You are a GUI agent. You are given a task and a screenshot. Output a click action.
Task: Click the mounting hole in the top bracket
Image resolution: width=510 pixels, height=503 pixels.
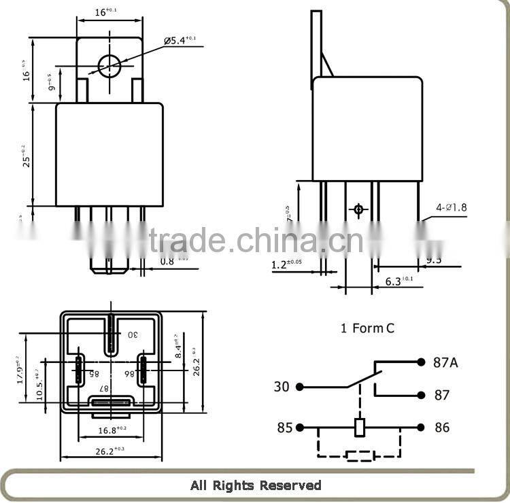(x=109, y=66)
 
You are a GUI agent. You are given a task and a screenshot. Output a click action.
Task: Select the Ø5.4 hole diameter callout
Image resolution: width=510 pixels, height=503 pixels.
(x=180, y=41)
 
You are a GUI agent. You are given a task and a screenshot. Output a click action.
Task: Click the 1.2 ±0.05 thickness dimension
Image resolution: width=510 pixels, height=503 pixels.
(x=286, y=263)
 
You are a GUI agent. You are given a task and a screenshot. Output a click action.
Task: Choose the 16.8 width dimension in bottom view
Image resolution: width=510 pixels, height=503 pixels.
(x=112, y=430)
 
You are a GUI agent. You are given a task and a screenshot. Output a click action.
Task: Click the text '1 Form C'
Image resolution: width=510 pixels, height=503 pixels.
(x=367, y=328)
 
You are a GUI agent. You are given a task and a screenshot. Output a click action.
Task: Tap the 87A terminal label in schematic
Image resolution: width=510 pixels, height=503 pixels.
(x=445, y=362)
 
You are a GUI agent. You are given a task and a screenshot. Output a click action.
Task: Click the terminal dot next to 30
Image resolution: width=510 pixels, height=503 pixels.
(x=299, y=387)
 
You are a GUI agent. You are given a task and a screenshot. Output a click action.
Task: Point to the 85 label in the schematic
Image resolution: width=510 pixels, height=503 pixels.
(x=284, y=428)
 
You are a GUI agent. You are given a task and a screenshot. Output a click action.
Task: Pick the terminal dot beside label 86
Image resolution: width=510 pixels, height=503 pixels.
(x=420, y=428)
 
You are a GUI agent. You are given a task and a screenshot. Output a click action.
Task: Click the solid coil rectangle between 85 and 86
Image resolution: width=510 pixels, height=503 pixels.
(x=360, y=428)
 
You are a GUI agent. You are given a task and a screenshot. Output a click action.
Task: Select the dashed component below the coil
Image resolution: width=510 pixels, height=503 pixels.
(x=360, y=455)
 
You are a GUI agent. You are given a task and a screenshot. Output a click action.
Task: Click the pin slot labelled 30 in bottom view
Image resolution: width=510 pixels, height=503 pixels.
(x=111, y=334)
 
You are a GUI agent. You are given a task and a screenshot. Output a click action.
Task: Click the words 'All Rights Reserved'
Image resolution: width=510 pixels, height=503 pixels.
(x=256, y=485)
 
